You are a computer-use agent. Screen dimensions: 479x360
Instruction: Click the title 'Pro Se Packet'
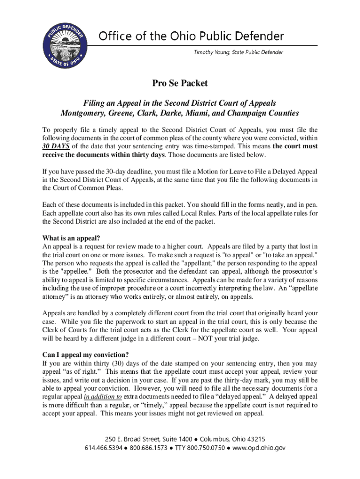(180, 84)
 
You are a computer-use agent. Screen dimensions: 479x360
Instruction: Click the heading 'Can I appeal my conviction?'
(86, 354)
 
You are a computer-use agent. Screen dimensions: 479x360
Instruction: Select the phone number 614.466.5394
(104, 448)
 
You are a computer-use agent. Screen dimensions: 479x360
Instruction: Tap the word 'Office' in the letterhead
(114, 36)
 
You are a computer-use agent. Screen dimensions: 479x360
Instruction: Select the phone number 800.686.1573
(148, 448)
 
